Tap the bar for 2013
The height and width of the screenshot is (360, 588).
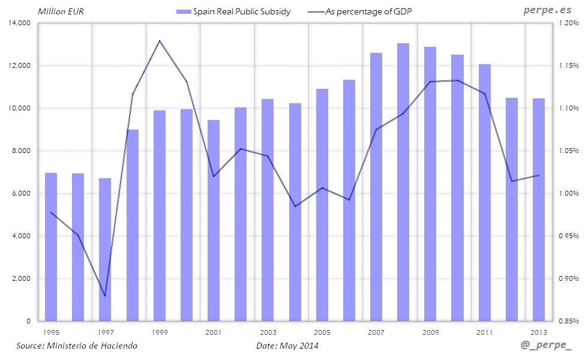click(x=539, y=210)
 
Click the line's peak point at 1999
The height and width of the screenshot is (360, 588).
click(x=159, y=41)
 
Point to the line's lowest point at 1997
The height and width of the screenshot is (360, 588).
click(x=105, y=296)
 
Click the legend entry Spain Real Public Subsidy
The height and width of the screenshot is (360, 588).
click(x=234, y=11)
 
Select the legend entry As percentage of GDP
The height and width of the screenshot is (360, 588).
click(x=367, y=11)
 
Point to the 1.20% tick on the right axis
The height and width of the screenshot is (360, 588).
click(x=569, y=23)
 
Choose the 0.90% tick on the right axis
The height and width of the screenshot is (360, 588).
click(x=569, y=278)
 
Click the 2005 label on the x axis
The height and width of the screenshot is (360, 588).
click(x=322, y=332)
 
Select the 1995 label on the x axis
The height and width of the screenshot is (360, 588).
click(x=52, y=332)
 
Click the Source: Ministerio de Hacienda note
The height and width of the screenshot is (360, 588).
click(x=77, y=346)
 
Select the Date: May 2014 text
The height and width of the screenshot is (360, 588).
click(x=287, y=346)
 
